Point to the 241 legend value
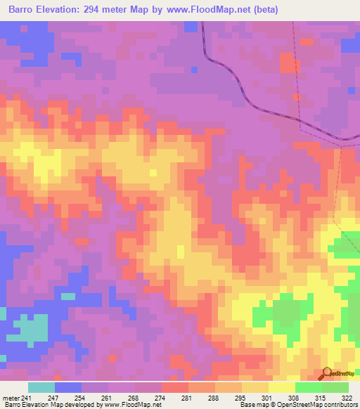26,397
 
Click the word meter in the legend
10,397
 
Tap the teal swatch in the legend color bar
41,387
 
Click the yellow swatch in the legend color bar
282,387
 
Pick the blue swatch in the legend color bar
68,387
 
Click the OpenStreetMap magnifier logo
327,373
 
